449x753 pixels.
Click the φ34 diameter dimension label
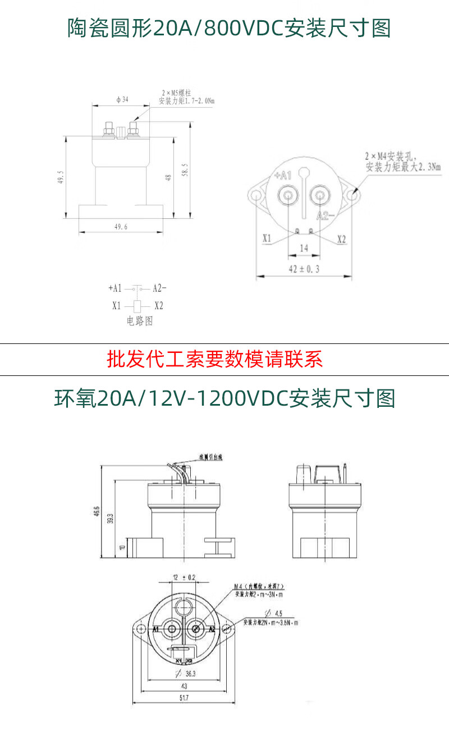pos(122,99)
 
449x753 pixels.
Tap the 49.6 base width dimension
pos(121,227)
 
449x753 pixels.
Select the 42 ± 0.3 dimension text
pos(304,269)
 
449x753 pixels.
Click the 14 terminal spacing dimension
pos(304,247)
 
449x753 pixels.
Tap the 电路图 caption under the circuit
pos(140,321)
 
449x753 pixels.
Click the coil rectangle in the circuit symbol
pos(138,306)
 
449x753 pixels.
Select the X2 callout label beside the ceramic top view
pos(341,240)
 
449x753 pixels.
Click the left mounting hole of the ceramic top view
pos(257,196)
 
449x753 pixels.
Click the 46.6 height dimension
pos(97,512)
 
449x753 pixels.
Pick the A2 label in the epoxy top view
pos(212,630)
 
